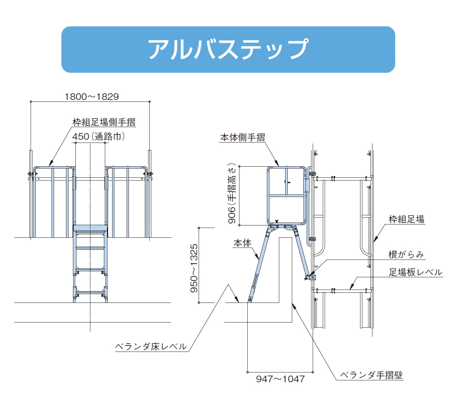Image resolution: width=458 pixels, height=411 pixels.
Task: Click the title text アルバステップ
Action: pos(228,49)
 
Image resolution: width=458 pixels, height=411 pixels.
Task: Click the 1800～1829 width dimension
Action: pos(92,96)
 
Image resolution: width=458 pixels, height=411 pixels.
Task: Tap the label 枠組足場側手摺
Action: pos(104,122)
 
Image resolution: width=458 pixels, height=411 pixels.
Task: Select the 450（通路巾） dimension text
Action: pos(99,136)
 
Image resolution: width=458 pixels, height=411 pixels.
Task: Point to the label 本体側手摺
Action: pos(242,137)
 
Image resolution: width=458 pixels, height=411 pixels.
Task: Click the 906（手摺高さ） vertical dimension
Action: pos(232,193)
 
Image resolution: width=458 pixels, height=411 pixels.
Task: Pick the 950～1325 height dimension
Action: pos(194,268)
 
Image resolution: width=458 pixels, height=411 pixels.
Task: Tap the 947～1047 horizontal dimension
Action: pos(280,379)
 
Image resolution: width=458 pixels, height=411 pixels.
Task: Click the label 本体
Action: pos(242,243)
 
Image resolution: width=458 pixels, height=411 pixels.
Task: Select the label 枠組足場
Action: pos(406,219)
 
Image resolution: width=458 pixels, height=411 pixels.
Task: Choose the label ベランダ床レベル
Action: pos(151,347)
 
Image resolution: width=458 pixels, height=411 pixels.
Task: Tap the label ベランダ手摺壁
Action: pos(371,375)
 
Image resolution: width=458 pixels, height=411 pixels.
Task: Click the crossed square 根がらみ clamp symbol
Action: pos(312,278)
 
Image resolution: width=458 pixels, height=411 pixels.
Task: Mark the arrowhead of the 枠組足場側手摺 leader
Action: pos(50,165)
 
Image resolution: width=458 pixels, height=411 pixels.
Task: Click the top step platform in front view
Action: pos(90,228)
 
